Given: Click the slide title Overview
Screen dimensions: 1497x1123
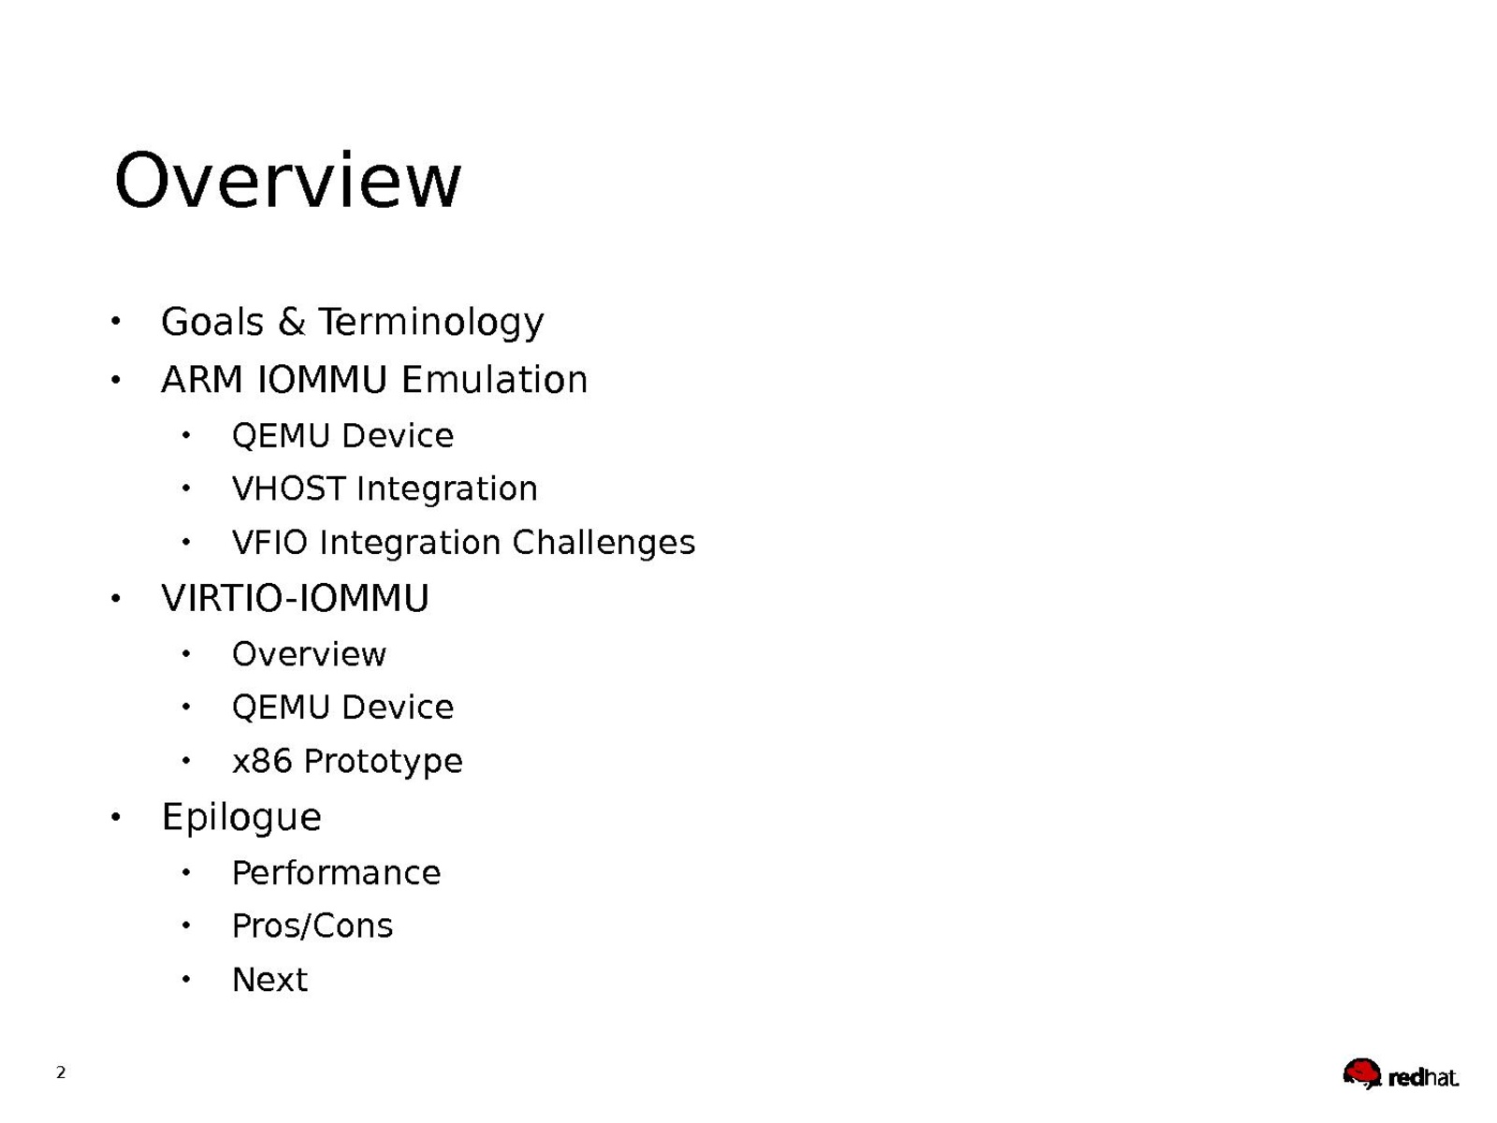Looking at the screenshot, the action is [287, 180].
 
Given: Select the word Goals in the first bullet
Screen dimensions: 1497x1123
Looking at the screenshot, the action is [212, 321].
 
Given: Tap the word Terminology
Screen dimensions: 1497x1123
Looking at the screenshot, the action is [431, 322].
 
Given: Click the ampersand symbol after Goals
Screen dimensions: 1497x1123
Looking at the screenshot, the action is [291, 321].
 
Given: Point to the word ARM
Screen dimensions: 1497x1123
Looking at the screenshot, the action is [202, 379].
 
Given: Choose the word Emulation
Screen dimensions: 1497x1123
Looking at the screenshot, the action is [494, 379].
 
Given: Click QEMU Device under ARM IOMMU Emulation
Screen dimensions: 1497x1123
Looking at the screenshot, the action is [342, 436].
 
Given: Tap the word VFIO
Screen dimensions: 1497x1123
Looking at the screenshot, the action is [270, 543].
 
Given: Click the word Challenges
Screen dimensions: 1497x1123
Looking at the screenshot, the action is [603, 544].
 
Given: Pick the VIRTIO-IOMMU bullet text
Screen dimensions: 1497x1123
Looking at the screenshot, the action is [296, 598].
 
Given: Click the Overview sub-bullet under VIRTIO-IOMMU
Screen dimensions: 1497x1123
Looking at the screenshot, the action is [309, 654].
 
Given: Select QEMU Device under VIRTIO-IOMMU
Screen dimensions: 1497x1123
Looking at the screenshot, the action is [342, 707].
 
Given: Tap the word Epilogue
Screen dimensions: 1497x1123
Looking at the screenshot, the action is [241, 817].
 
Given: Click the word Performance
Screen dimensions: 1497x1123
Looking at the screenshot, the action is [336, 873].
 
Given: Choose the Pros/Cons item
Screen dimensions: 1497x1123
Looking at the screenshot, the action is [312, 926].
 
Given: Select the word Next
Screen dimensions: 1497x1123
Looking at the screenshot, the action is [270, 980].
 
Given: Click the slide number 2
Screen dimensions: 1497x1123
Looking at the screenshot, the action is [61, 1072].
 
